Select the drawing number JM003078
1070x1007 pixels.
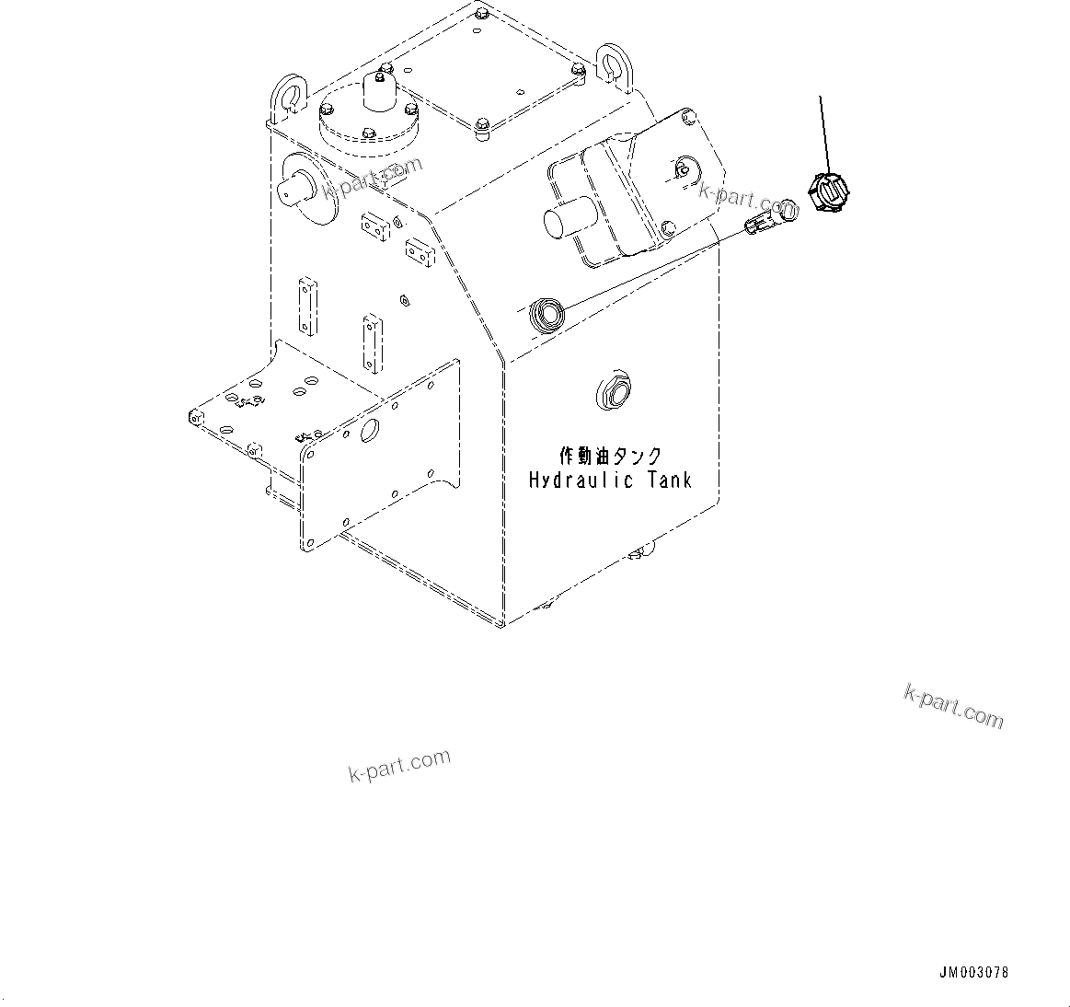pos(973,973)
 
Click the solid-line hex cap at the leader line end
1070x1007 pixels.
pos(827,192)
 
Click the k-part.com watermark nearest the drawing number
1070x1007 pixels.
pos(953,706)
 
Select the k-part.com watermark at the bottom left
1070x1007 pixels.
pos(399,765)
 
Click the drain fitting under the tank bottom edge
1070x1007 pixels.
pos(640,551)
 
